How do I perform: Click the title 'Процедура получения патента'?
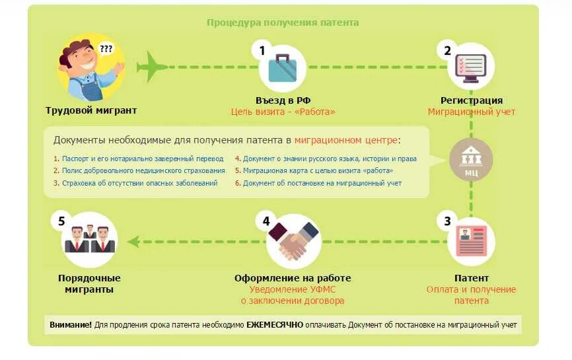283,22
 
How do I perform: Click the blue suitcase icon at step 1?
283,67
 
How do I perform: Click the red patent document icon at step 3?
471,241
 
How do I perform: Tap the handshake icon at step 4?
293,241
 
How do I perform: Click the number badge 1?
262,51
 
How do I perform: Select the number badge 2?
447,51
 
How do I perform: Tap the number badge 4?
266,221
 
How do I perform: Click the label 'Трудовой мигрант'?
91,110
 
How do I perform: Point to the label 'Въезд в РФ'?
283,100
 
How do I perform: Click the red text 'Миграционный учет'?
471,112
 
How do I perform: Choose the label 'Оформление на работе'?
293,278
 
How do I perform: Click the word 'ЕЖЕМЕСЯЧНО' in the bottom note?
275,325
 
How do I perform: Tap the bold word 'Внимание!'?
71,325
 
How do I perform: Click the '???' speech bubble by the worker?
106,48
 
